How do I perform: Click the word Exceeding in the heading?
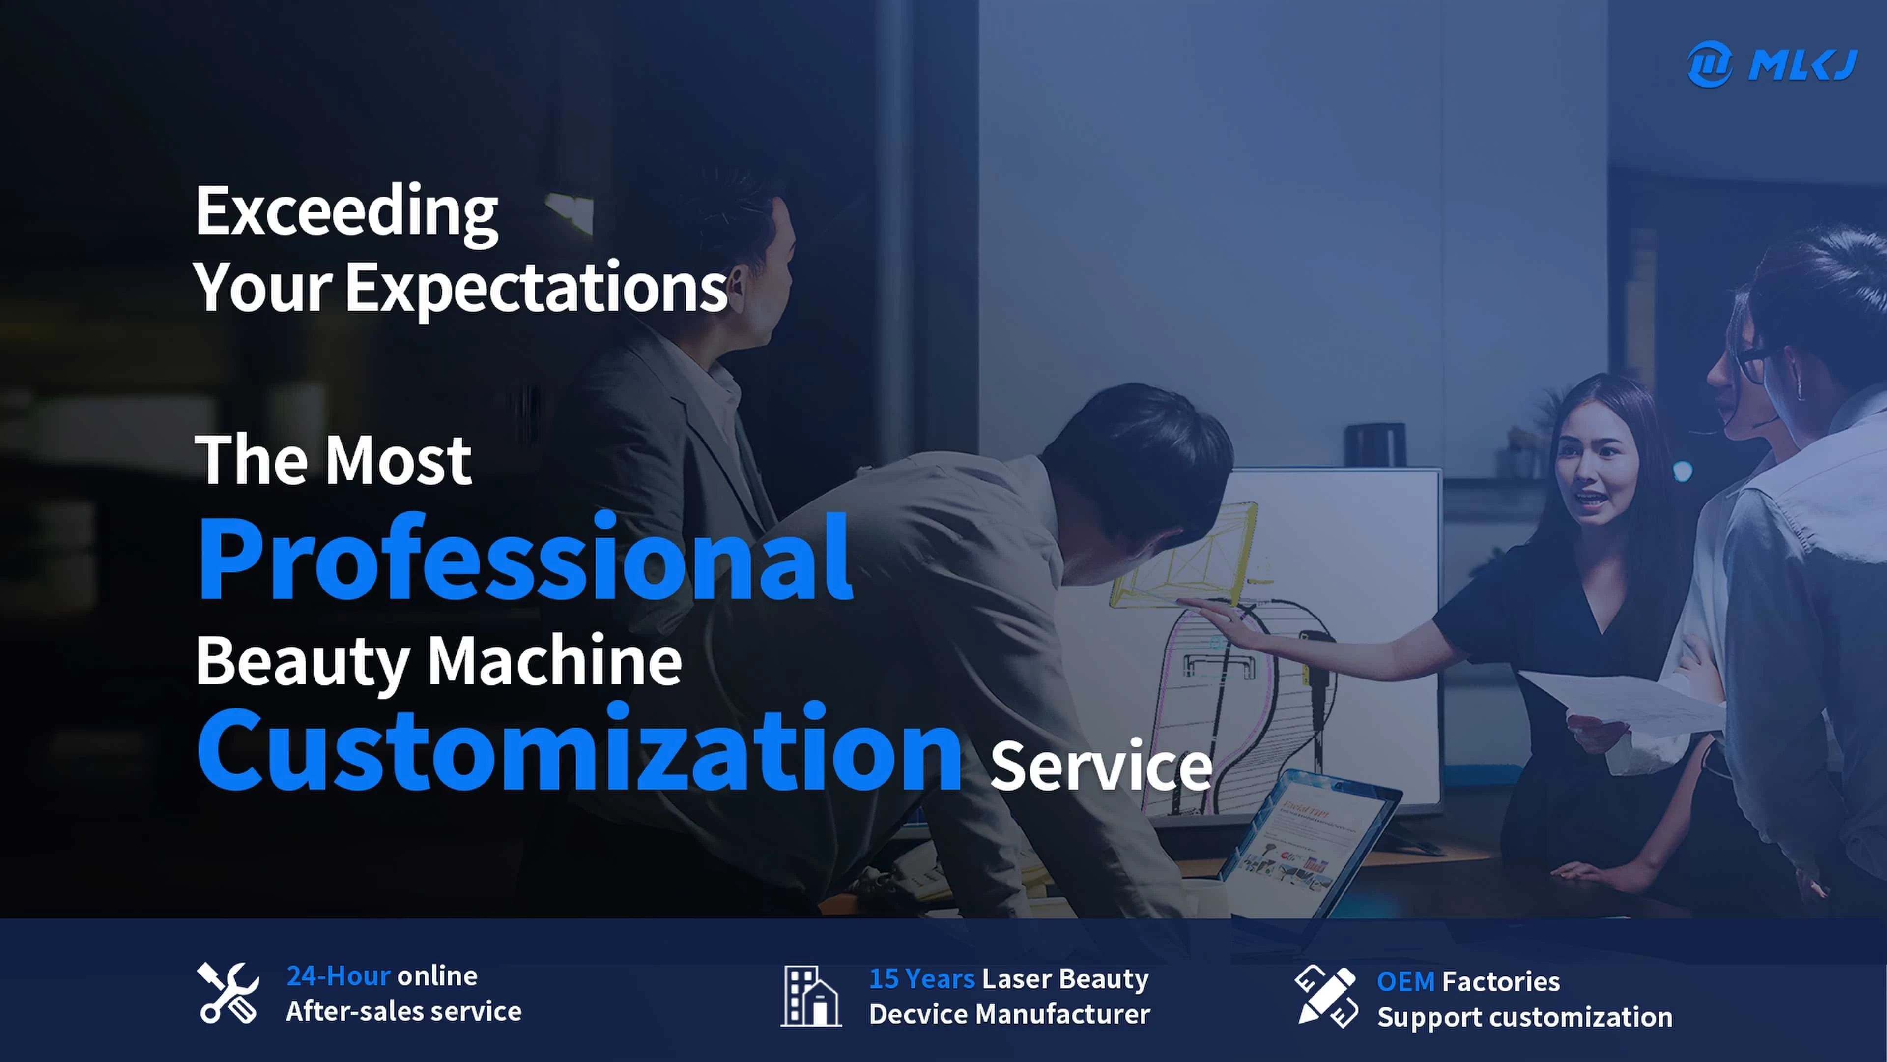(346, 212)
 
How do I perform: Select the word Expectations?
(536, 289)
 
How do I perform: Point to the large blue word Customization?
(579, 747)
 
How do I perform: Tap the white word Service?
(1101, 767)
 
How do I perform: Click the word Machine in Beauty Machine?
(554, 661)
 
